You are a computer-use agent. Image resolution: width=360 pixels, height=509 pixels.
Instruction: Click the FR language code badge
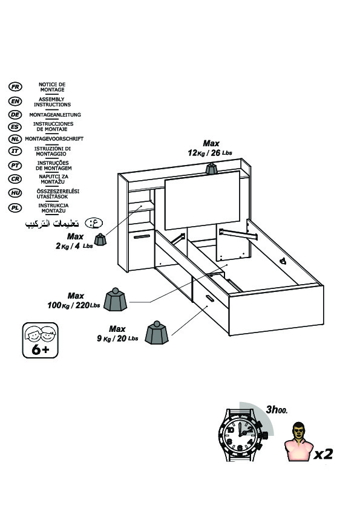click(15, 86)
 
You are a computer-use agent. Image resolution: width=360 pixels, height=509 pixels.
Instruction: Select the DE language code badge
click(15, 115)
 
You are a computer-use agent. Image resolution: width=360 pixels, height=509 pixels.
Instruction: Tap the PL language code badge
click(15, 208)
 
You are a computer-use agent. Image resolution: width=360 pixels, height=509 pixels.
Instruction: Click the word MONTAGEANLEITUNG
click(55, 115)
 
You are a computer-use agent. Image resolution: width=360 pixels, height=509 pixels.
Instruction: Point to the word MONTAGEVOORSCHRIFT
click(54, 138)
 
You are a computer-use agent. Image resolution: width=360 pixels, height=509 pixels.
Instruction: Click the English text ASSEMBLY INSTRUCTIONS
click(52, 102)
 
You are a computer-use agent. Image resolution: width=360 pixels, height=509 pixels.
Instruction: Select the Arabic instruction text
click(52, 224)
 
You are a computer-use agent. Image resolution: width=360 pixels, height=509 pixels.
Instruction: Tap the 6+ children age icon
click(41, 340)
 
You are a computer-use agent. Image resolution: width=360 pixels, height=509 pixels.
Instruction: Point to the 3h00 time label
click(277, 410)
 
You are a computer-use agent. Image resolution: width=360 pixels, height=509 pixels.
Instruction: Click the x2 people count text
click(323, 454)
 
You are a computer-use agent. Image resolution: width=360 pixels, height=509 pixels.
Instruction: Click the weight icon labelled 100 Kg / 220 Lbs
click(116, 299)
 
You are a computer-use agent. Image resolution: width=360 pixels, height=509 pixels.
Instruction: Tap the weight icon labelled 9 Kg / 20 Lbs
click(157, 332)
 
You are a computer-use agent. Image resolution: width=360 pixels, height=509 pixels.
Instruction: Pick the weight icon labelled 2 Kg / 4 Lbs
click(100, 239)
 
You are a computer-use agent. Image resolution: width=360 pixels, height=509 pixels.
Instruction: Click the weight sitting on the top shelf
click(211, 169)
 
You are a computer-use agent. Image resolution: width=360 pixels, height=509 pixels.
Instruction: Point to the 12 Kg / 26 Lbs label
click(210, 152)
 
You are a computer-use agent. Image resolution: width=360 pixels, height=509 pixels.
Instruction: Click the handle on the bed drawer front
click(209, 299)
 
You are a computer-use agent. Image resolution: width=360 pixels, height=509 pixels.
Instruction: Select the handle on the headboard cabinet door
click(142, 236)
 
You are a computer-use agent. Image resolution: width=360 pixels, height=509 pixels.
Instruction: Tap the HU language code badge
click(15, 193)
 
